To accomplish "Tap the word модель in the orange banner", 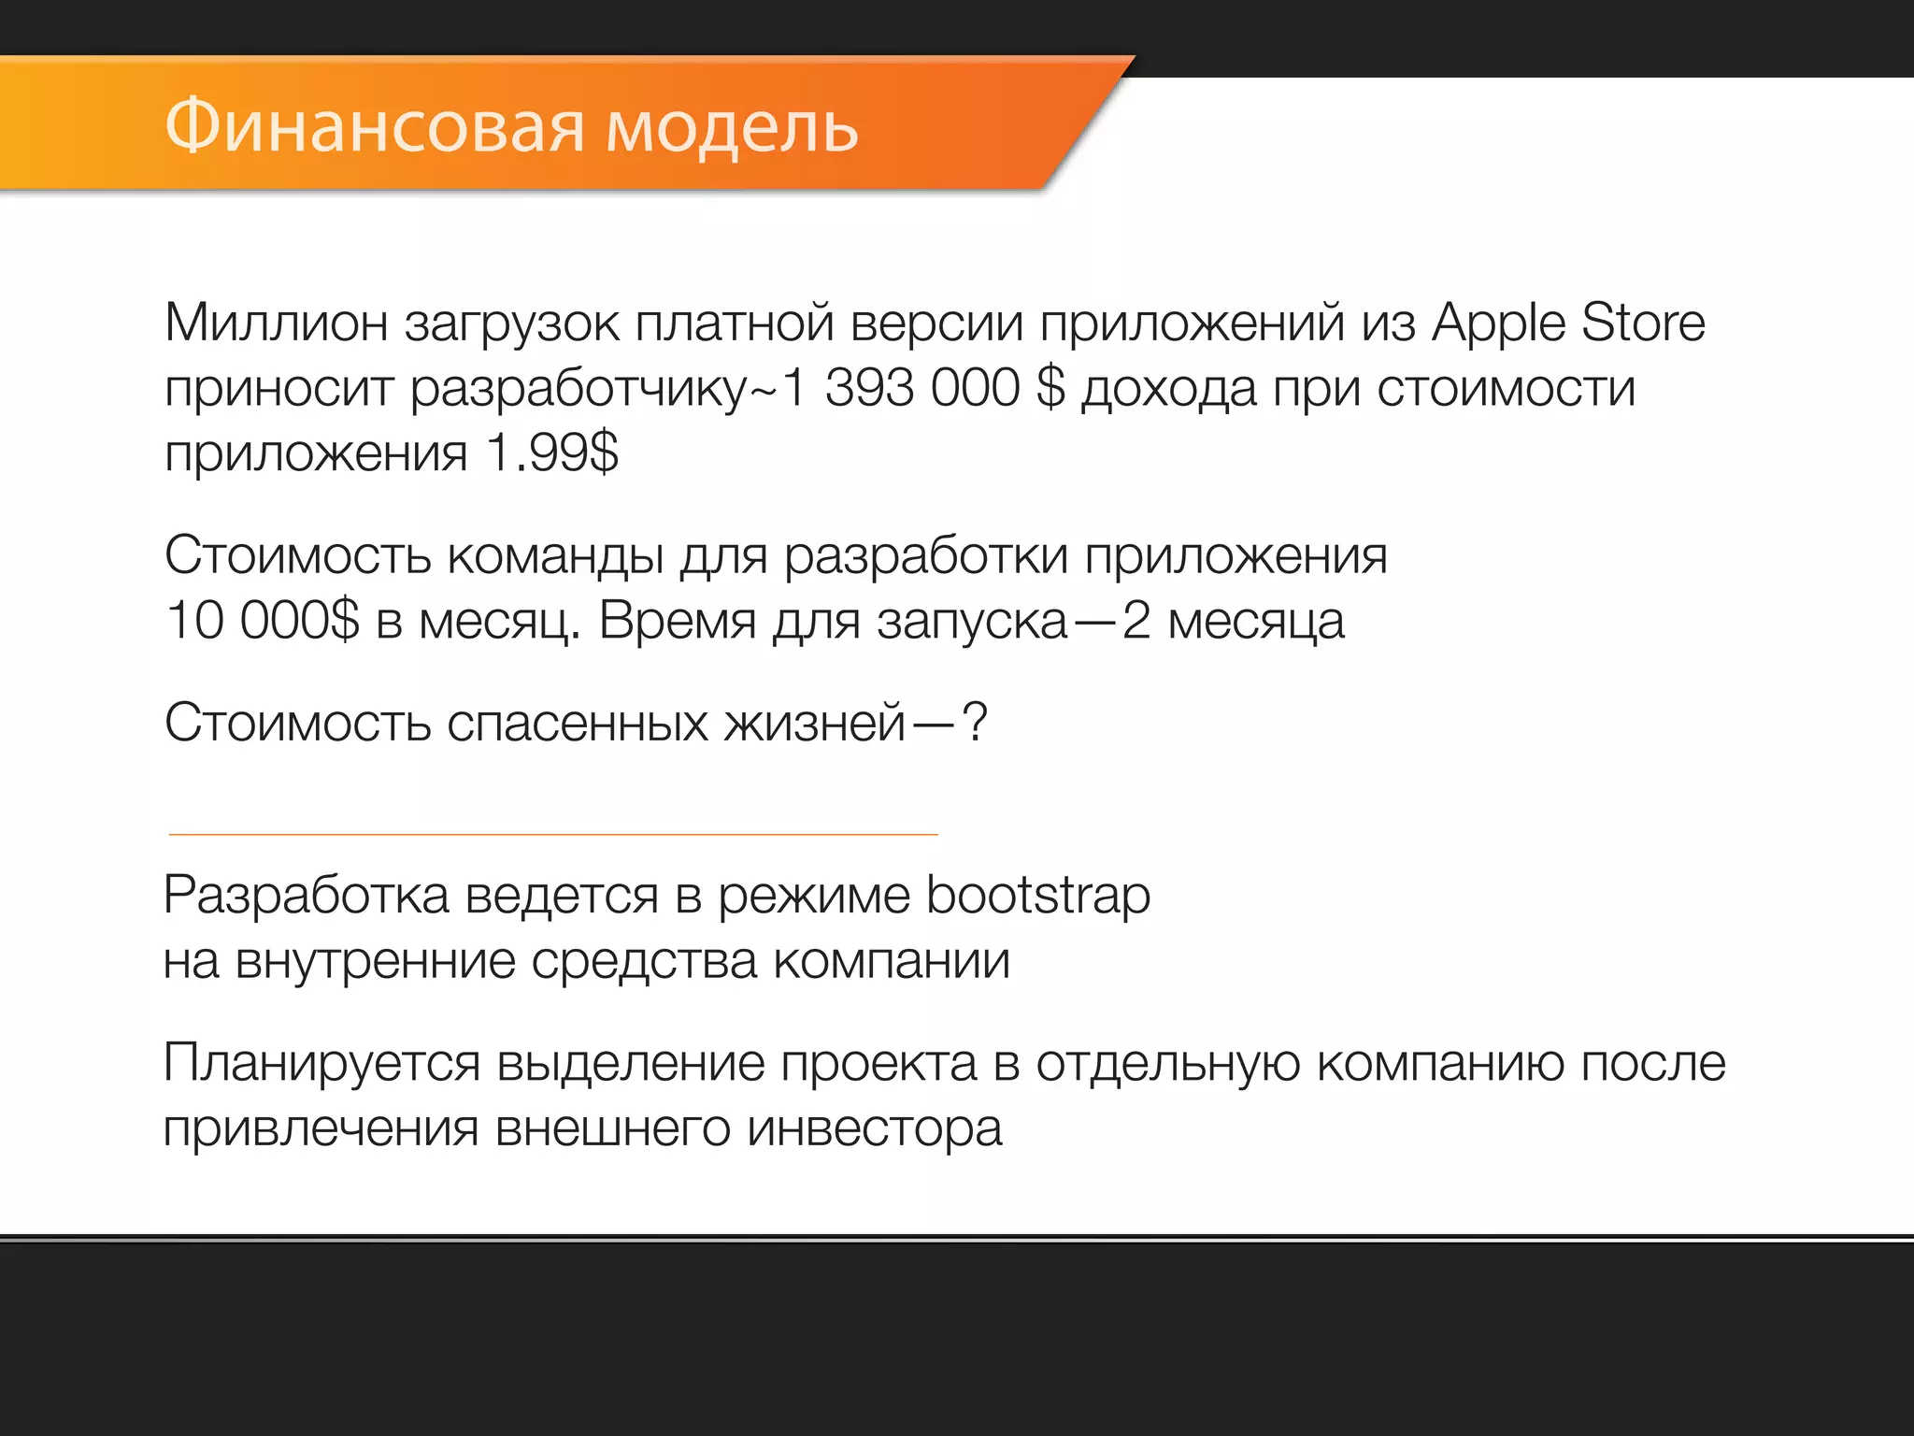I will point(732,127).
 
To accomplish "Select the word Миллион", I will point(277,323).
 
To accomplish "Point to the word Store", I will point(1643,323).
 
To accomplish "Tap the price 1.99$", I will point(552,453).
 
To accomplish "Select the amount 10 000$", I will point(262,620).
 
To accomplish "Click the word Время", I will point(678,620).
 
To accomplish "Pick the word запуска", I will point(972,622).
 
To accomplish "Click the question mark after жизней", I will point(974,723).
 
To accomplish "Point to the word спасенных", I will point(577,723).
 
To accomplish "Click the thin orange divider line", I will point(553,834).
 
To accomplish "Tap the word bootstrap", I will point(1038,896).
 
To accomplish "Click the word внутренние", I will point(375,961).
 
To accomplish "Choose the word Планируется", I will point(321,1063).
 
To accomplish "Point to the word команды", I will point(555,556).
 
